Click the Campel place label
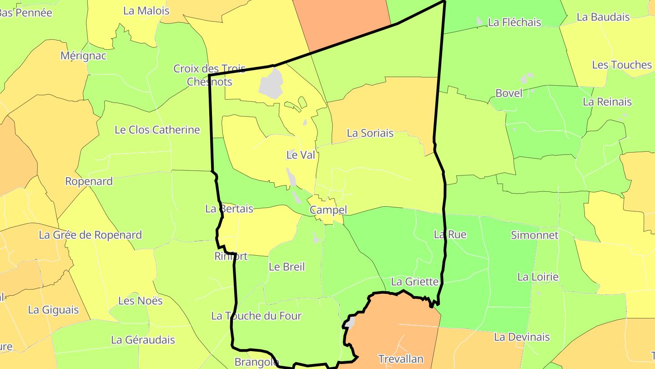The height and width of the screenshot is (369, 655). [328, 210]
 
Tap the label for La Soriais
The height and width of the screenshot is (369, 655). [370, 133]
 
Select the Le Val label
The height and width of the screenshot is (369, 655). [301, 155]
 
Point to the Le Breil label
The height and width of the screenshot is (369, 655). [287, 267]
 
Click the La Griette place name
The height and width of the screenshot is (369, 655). [414, 282]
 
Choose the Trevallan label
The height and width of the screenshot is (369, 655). [401, 359]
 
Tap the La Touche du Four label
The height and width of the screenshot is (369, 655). [256, 316]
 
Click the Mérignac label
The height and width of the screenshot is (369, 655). [83, 56]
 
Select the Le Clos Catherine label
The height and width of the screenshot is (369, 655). [157, 130]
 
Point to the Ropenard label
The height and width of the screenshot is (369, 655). [89, 181]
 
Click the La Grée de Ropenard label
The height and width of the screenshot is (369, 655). [90, 235]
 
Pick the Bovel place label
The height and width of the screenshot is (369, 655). [509, 93]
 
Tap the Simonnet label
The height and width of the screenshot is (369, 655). [534, 235]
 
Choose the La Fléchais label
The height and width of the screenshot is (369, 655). [514, 22]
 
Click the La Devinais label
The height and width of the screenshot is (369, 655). [522, 337]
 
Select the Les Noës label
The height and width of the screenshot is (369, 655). [140, 301]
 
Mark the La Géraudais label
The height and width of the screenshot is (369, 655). [143, 340]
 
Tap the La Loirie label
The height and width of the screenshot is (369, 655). [538, 277]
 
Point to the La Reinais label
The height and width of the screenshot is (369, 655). [607, 102]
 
